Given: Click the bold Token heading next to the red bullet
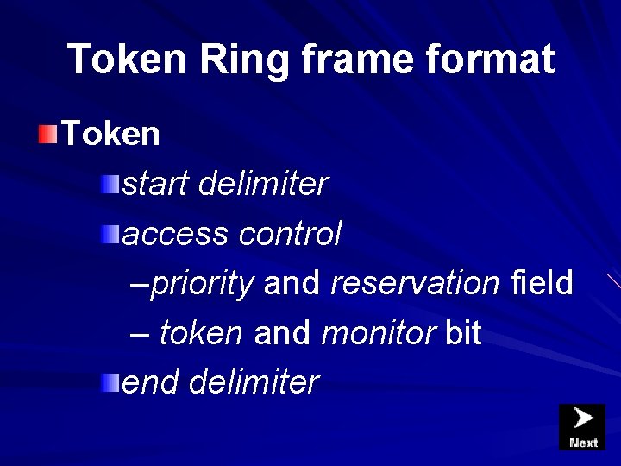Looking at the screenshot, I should [110, 134].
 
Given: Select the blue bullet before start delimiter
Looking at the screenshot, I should [109, 183].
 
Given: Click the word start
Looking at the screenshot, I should [156, 184].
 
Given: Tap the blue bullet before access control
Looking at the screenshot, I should [109, 233].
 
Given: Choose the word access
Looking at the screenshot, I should [175, 234].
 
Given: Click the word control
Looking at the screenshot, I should [290, 234].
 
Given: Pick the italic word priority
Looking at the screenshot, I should [202, 283].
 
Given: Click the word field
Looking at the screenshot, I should [542, 283].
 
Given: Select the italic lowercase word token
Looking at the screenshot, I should [201, 333].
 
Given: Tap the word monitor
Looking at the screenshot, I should [378, 333].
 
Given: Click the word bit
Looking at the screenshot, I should [462, 333].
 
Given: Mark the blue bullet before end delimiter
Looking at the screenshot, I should [109, 382].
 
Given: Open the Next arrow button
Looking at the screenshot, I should [582, 426].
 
